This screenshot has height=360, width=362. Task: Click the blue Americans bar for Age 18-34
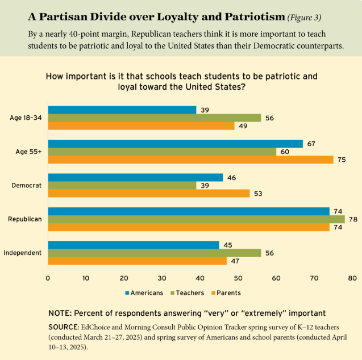pos(122,110)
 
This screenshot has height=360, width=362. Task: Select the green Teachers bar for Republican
pos(196,219)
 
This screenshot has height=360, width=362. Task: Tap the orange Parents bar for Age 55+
pos(190,160)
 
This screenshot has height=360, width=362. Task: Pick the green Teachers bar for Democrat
pos(122,186)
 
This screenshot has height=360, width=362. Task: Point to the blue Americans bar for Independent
pos(134,245)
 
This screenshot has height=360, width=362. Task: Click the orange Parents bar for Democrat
pos(149,194)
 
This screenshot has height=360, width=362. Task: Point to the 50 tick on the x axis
pos(238,279)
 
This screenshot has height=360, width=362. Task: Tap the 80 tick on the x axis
pos(352,279)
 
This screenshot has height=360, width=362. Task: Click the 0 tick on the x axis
pos(48,279)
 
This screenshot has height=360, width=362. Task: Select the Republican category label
pos(25,219)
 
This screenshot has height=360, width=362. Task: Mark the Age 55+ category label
pos(27,152)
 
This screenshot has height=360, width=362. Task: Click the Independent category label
pos(23,253)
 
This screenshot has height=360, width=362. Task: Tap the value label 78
pos(353,219)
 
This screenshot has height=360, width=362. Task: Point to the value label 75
pos(342,160)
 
